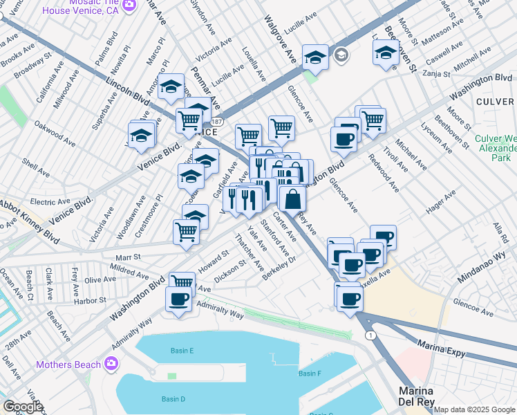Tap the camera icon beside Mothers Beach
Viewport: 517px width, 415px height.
(111, 364)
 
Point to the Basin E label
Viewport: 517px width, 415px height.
(182, 351)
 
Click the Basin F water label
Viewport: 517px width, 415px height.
(310, 373)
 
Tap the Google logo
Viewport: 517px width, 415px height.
(23, 406)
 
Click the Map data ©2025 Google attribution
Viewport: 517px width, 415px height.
(474, 409)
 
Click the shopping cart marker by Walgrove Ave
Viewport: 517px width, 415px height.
(281, 128)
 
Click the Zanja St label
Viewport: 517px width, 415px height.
(436, 73)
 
